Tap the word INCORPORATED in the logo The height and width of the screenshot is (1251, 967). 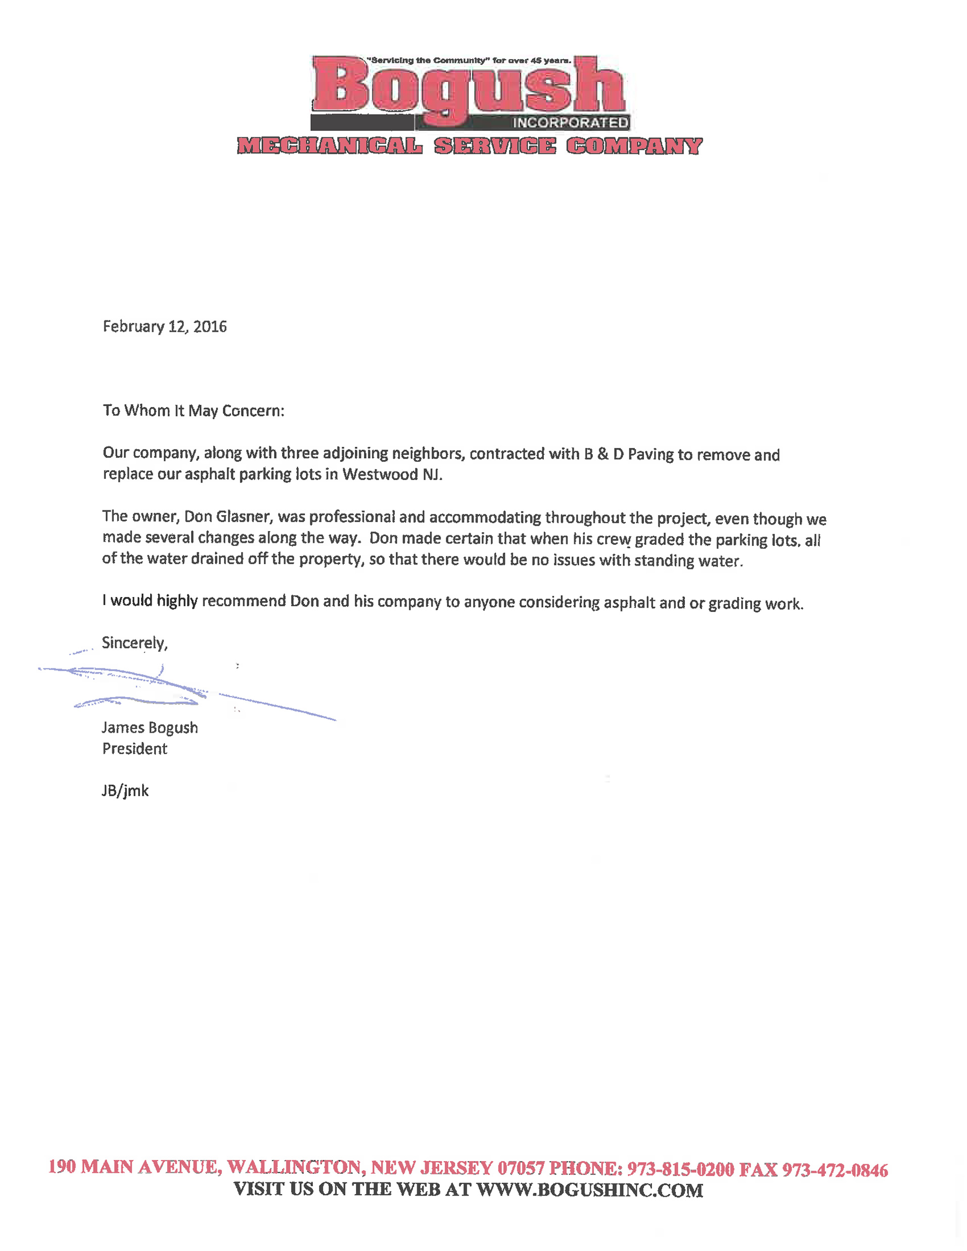pos(570,123)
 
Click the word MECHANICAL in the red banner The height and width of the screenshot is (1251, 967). pos(330,146)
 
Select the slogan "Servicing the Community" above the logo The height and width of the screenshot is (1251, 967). pos(427,60)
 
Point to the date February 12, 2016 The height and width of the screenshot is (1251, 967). pos(164,327)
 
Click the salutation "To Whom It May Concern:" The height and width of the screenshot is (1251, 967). pos(193,411)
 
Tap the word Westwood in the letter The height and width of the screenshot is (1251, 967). pos(380,474)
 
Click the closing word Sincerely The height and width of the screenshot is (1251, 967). pos(134,642)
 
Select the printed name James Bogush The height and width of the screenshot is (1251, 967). pos(150,727)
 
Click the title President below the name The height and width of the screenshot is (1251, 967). pos(134,749)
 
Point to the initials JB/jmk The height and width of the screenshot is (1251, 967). pos(125,791)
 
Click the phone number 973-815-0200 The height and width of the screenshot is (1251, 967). pos(680,1169)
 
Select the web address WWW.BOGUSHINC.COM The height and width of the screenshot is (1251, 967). pos(590,1190)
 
